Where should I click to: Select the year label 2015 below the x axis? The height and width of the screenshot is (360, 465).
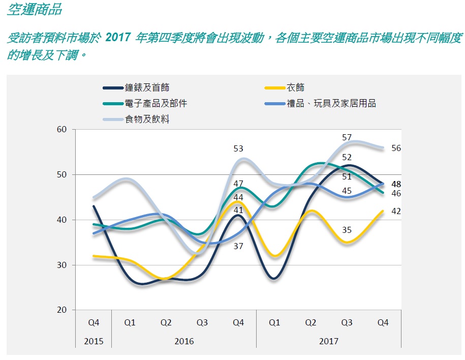[93, 341]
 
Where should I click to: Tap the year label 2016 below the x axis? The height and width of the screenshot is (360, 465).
[183, 341]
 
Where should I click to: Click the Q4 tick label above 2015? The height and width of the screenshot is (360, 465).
[93, 322]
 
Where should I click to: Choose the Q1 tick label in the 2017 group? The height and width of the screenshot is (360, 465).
[274, 322]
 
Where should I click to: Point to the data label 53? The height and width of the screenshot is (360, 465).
[238, 148]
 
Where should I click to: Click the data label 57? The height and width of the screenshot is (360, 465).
[347, 137]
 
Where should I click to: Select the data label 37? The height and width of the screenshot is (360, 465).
[238, 246]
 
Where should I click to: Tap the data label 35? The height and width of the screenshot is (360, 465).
[347, 230]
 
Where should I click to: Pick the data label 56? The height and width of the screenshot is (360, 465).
[396, 148]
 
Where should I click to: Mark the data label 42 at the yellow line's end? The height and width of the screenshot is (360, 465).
[396, 212]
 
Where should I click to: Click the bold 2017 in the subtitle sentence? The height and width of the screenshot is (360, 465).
[119, 38]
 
